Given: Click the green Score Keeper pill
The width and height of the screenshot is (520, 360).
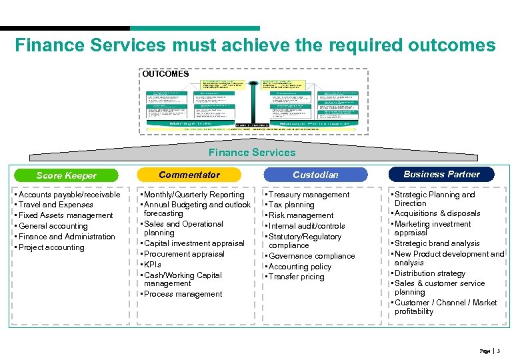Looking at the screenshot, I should [x=67, y=175].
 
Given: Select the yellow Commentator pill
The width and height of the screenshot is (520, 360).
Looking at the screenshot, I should [x=189, y=175].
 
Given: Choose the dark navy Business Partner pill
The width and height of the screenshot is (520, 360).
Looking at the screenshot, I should [x=441, y=174].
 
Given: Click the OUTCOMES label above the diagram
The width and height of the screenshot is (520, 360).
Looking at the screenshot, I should [x=165, y=74].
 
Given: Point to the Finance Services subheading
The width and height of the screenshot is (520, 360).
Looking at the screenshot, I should [x=251, y=153].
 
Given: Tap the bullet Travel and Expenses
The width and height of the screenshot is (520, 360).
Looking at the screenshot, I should [x=56, y=205].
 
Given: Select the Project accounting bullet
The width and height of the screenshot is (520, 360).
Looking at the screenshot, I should [x=51, y=247].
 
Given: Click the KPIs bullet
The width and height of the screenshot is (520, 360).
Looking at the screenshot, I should [x=153, y=265].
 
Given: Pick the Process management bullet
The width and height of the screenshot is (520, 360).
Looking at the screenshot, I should [x=183, y=294].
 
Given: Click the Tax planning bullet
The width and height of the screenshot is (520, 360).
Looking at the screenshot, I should [x=291, y=205].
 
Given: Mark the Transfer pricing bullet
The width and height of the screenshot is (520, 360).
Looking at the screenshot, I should [x=296, y=277].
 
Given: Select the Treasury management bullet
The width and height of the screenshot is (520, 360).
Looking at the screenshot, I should [x=309, y=195].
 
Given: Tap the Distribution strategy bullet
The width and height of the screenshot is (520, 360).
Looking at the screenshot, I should [x=429, y=273].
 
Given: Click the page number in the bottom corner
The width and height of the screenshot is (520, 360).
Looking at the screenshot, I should [x=499, y=351].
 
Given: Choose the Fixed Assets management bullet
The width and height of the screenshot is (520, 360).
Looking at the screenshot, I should [x=65, y=215].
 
